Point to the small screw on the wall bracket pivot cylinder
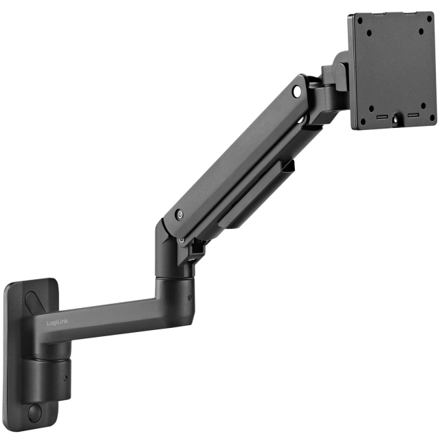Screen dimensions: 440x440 pyautogui.click(x=65, y=377)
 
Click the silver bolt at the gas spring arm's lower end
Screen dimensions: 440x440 pyautogui.click(x=179, y=214)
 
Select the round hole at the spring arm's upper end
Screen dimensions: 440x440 pyautogui.click(x=296, y=90)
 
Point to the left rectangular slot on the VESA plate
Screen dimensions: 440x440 pyautogui.click(x=382, y=118)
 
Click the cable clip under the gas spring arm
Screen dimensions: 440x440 pyautogui.click(x=287, y=166)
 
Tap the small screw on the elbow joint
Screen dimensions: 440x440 pyautogui.click(x=190, y=297)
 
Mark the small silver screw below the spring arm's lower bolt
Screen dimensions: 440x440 pyautogui.click(x=181, y=240)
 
